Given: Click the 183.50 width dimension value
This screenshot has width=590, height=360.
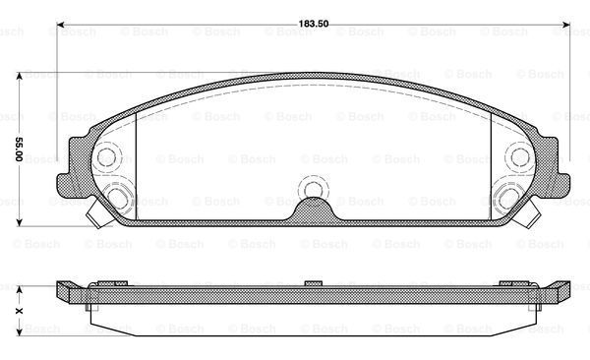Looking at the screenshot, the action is [314, 24].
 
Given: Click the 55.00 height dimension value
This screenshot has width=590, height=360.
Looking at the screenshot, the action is [19, 150].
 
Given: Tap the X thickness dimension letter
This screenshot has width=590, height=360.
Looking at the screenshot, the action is [19, 311].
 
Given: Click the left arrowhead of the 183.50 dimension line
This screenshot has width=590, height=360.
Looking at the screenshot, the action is [60, 25].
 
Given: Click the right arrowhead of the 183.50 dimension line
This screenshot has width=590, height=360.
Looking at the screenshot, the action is [566, 25].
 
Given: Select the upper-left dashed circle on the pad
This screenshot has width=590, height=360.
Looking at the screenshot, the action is [107, 157].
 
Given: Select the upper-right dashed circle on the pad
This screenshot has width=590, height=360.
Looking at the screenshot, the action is [519, 157].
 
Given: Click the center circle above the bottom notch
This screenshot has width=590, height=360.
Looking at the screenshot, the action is [313, 190].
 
